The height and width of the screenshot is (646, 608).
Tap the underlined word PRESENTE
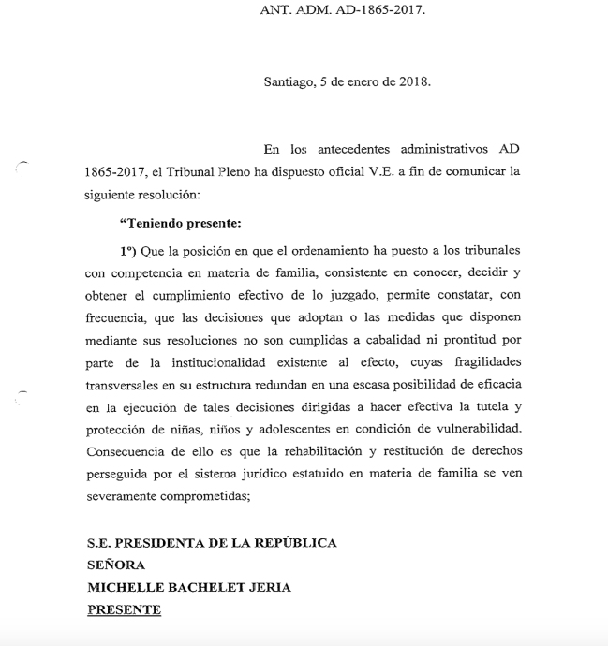point(124,609)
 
